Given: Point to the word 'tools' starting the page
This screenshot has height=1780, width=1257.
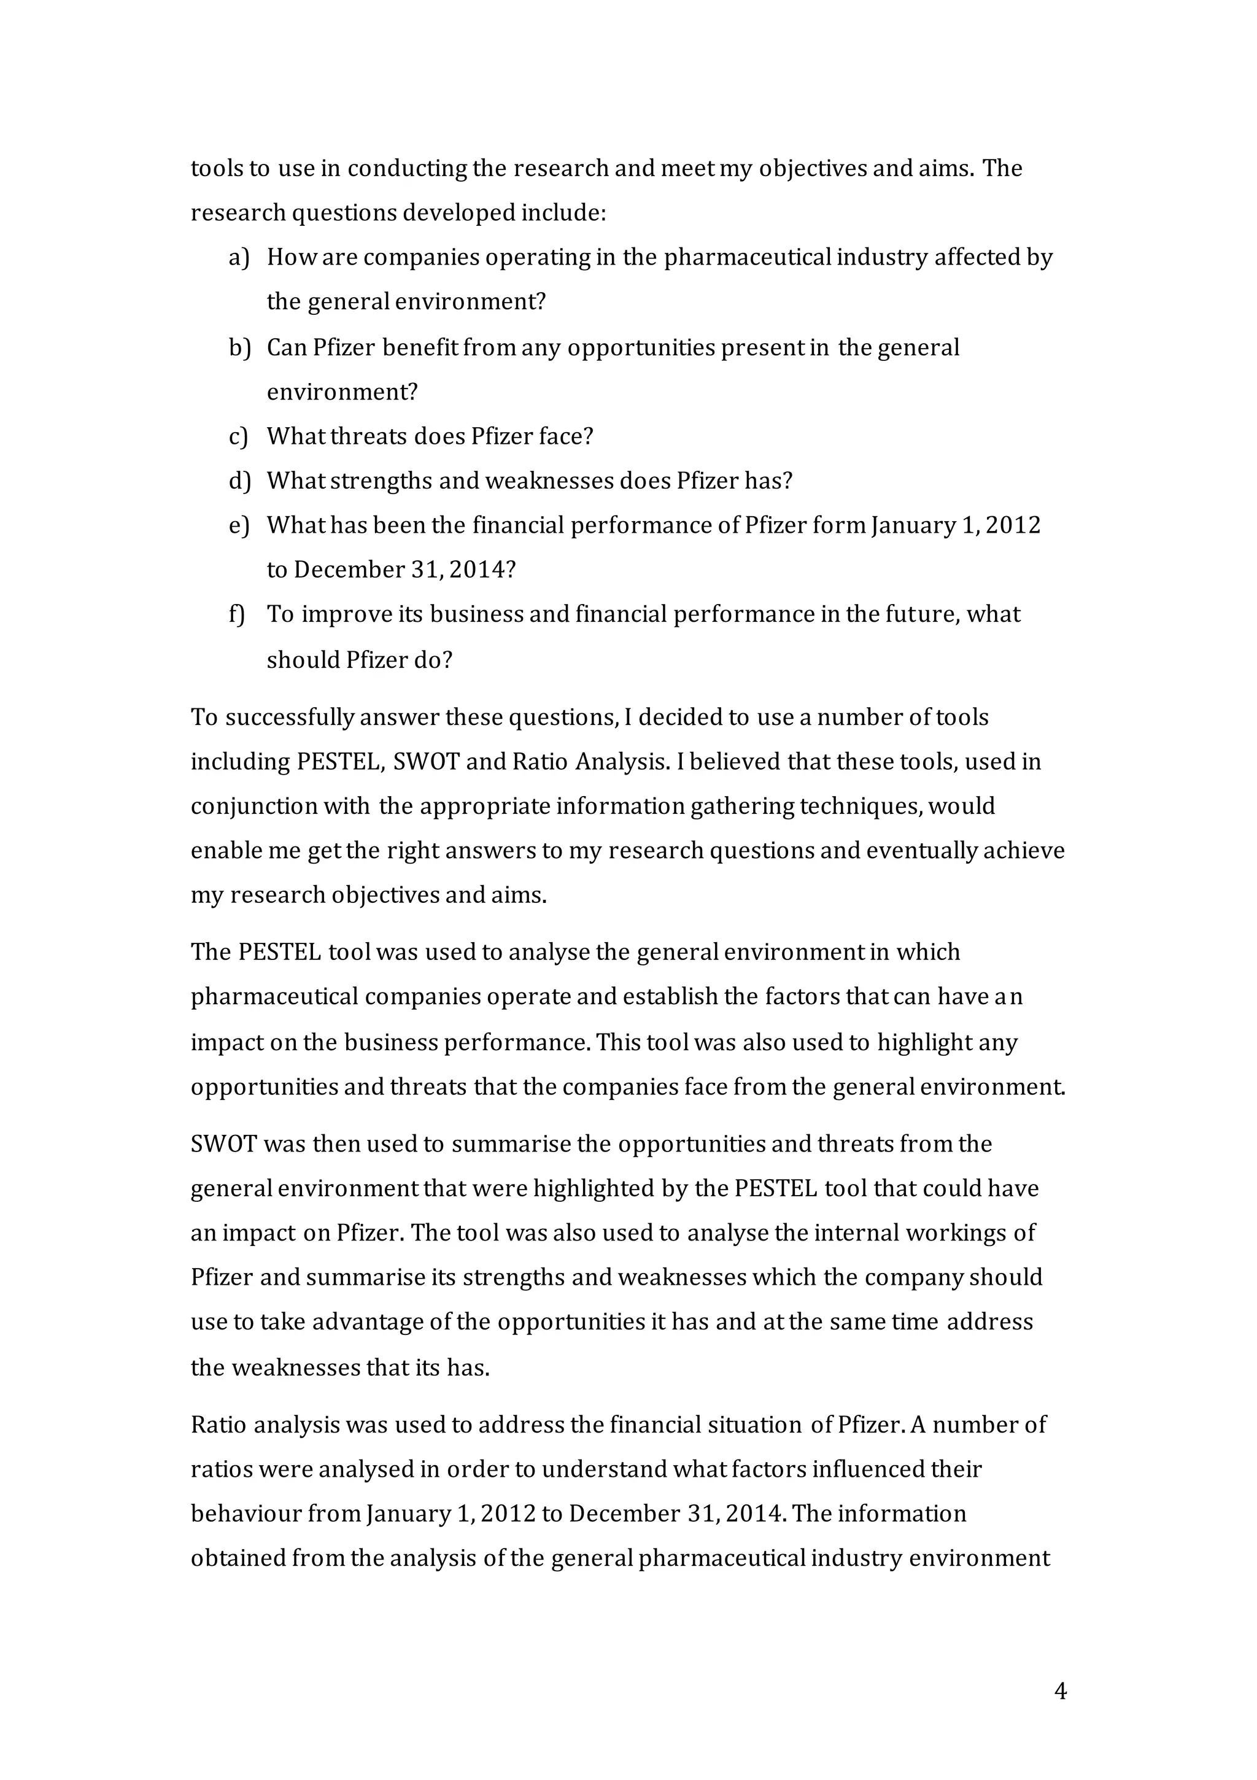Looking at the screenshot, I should [216, 168].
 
